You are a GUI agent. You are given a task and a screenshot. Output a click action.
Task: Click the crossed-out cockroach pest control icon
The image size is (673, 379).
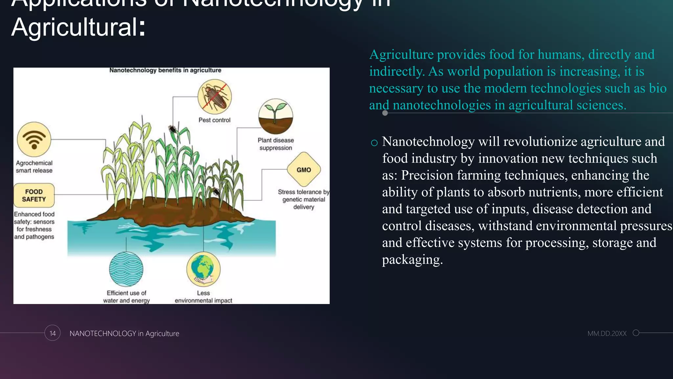215,97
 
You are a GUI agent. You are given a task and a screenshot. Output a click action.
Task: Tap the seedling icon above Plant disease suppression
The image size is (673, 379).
275,116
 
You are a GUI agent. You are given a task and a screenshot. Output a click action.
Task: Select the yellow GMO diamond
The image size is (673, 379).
304,169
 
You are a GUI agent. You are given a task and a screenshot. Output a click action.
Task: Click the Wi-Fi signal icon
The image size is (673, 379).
34,139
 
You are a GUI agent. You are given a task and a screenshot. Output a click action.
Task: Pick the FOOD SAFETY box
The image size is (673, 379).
34,195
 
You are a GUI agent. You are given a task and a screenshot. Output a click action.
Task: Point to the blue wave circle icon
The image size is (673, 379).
126,269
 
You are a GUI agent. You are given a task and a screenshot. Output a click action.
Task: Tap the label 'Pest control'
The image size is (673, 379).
214,120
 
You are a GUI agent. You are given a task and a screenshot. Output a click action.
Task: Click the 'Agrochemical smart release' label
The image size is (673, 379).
34,167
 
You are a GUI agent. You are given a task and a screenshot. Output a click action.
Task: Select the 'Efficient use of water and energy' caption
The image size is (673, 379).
127,297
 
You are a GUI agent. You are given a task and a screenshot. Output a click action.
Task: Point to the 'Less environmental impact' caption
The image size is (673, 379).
203,297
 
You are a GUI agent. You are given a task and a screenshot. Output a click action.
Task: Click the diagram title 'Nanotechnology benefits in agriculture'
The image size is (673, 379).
165,70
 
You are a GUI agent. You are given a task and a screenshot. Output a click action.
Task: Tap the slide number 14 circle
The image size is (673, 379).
53,333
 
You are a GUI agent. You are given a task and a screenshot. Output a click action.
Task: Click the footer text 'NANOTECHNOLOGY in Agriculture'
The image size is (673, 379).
124,334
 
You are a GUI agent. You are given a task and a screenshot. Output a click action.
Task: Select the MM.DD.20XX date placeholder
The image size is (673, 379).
607,334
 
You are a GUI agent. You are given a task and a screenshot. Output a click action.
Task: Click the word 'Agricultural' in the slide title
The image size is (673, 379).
74,27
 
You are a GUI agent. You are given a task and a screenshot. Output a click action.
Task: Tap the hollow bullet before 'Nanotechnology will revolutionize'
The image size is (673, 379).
374,143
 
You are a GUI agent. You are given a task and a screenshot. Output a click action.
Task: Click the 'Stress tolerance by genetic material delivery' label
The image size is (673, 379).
304,199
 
